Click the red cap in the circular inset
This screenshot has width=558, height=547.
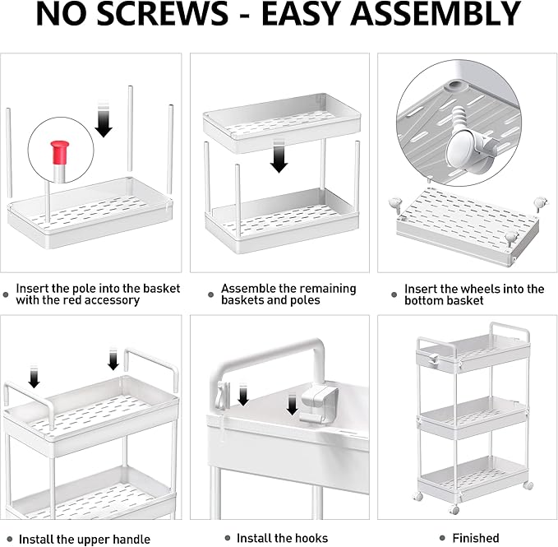59,151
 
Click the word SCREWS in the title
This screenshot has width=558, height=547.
162,14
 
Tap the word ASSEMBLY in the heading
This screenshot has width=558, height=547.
436,14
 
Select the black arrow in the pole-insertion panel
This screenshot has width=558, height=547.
104,119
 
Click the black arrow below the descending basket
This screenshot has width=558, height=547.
279,156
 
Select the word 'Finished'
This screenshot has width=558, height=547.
476,538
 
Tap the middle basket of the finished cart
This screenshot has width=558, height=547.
473,417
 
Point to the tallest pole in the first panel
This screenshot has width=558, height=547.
130,128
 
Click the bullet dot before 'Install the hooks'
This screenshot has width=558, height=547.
228,538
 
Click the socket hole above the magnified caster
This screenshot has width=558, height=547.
454,86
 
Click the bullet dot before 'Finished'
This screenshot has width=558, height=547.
442,538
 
